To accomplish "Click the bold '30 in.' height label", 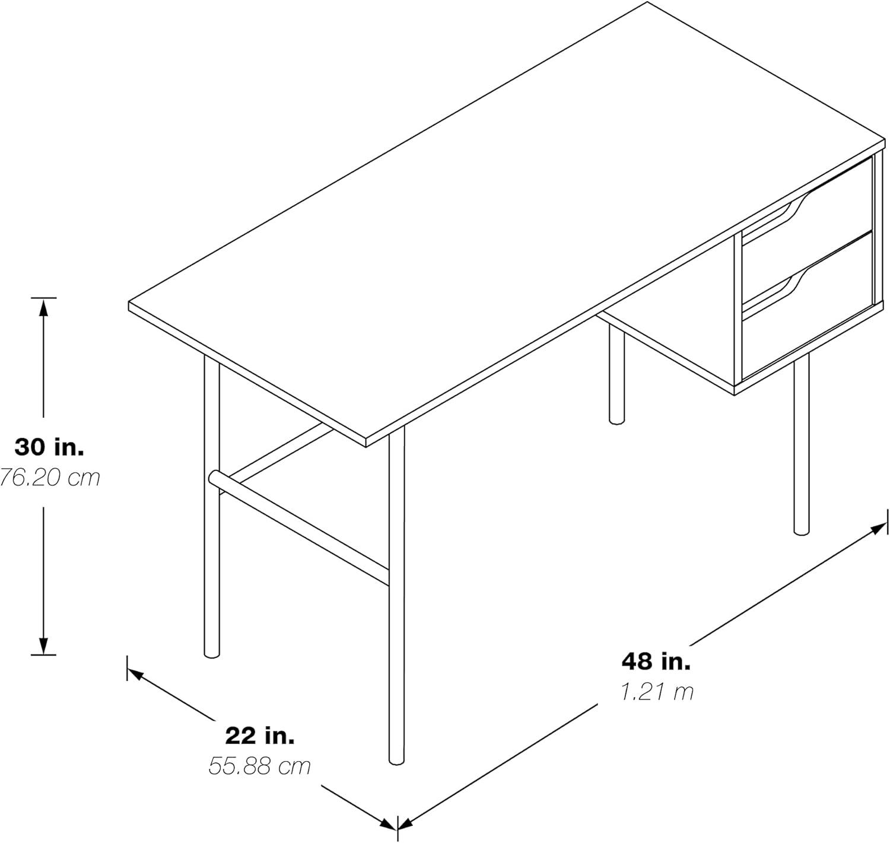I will click(x=49, y=447).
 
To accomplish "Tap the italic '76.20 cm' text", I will click(x=49, y=477).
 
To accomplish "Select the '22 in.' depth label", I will click(x=260, y=736).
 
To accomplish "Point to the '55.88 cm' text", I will click(x=260, y=766).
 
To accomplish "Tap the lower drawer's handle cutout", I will click(x=793, y=284).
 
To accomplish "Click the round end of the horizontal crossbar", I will click(x=214, y=478).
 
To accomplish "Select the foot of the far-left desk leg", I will click(x=211, y=653).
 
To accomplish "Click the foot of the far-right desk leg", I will click(x=802, y=529).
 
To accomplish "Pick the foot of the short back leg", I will click(x=617, y=419).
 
